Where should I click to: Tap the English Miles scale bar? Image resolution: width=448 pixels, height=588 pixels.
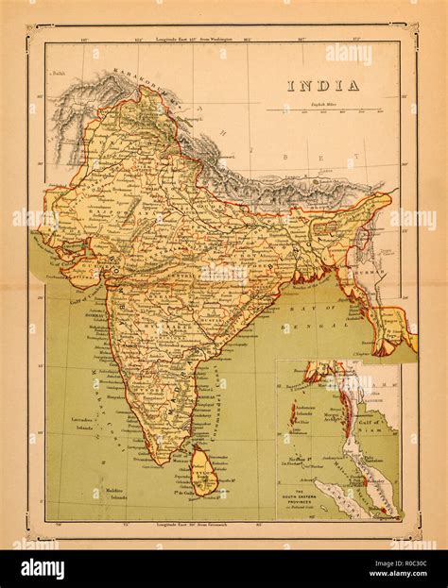click(x=323, y=110)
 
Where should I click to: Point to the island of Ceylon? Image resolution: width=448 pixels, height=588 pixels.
click(x=204, y=469)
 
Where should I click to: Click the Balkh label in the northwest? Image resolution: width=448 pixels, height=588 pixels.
click(x=60, y=72)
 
